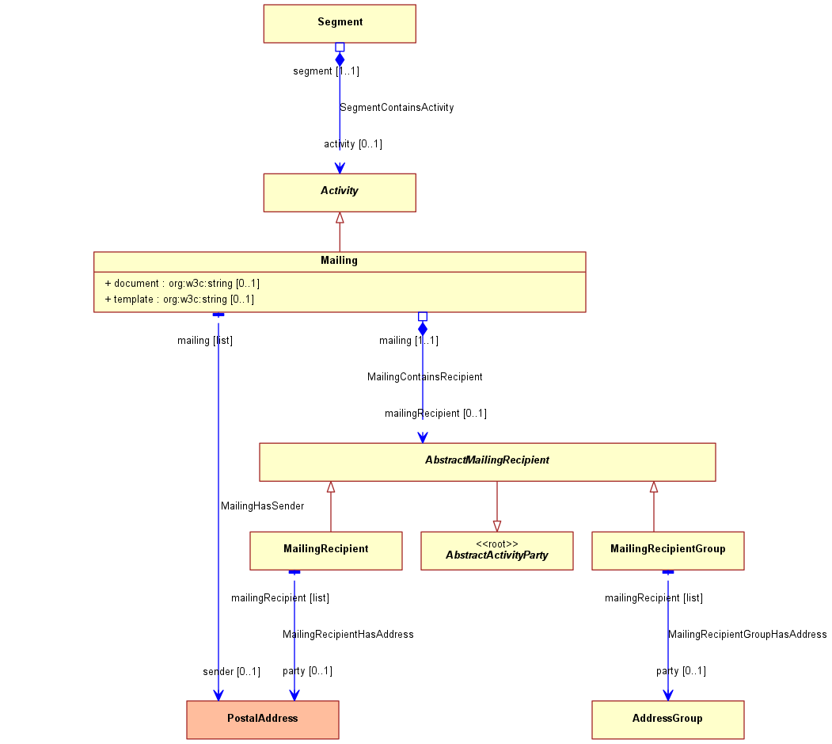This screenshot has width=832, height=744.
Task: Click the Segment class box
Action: pyautogui.click(x=340, y=24)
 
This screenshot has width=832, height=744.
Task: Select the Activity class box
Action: pyautogui.click(x=340, y=193)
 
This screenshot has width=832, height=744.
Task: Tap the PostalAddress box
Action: pyautogui.click(x=263, y=719)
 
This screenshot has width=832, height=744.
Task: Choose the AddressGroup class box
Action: pyautogui.click(x=668, y=719)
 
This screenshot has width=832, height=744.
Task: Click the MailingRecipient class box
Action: pyautogui.click(x=326, y=551)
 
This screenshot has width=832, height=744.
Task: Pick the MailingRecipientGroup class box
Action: pyautogui.click(x=668, y=551)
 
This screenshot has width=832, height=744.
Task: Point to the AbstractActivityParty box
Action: pyautogui.click(x=496, y=551)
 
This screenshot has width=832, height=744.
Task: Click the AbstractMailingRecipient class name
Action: pyautogui.click(x=487, y=460)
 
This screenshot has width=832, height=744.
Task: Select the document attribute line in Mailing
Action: pyautogui.click(x=182, y=283)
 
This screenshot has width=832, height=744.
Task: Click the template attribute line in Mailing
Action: pyautogui.click(x=180, y=299)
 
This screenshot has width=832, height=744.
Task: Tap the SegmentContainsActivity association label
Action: pyautogui.click(x=397, y=107)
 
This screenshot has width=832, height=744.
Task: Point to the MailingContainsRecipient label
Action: pyautogui.click(x=425, y=376)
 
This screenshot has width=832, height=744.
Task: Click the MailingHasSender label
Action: pyautogui.click(x=263, y=506)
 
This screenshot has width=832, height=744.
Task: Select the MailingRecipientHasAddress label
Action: pyautogui.click(x=348, y=634)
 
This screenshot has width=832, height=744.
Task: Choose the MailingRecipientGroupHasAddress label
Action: pyautogui.click(x=747, y=634)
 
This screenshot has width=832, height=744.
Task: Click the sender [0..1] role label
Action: pyautogui.click(x=231, y=672)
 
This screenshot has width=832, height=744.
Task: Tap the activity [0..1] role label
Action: pyautogui.click(x=353, y=144)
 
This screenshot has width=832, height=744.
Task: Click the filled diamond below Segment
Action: pyautogui.click(x=340, y=59)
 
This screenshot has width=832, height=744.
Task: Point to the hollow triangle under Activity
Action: pyautogui.click(x=340, y=218)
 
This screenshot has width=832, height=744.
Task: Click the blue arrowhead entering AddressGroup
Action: pyautogui.click(x=668, y=695)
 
